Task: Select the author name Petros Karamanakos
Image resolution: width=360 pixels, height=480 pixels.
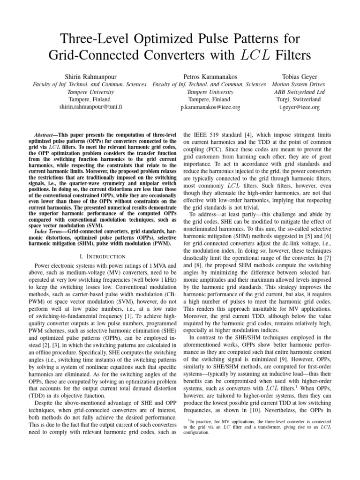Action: pyautogui.click(x=209, y=76)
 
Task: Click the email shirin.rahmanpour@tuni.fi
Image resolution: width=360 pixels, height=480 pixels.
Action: pyautogui.click(x=90, y=107)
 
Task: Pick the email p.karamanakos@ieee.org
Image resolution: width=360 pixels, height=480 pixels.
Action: pyautogui.click(x=210, y=107)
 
